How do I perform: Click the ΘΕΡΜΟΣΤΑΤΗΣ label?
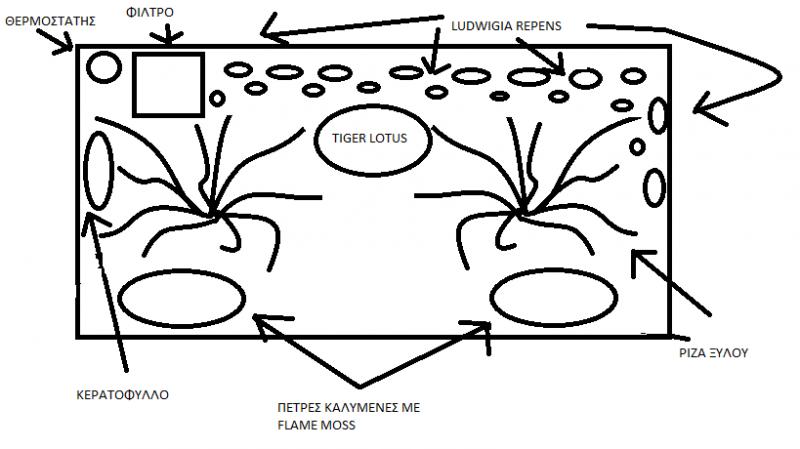coord(50,21)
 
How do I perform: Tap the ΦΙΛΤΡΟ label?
coord(149,13)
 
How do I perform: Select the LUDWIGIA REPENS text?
coord(506,26)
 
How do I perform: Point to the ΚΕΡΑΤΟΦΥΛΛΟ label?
coord(122,395)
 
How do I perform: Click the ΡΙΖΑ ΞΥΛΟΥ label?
coord(713,353)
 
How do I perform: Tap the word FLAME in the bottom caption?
coord(298,425)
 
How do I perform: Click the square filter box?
coord(168,53)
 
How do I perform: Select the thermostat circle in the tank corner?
coord(104,53)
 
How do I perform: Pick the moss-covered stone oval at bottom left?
coord(182,271)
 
